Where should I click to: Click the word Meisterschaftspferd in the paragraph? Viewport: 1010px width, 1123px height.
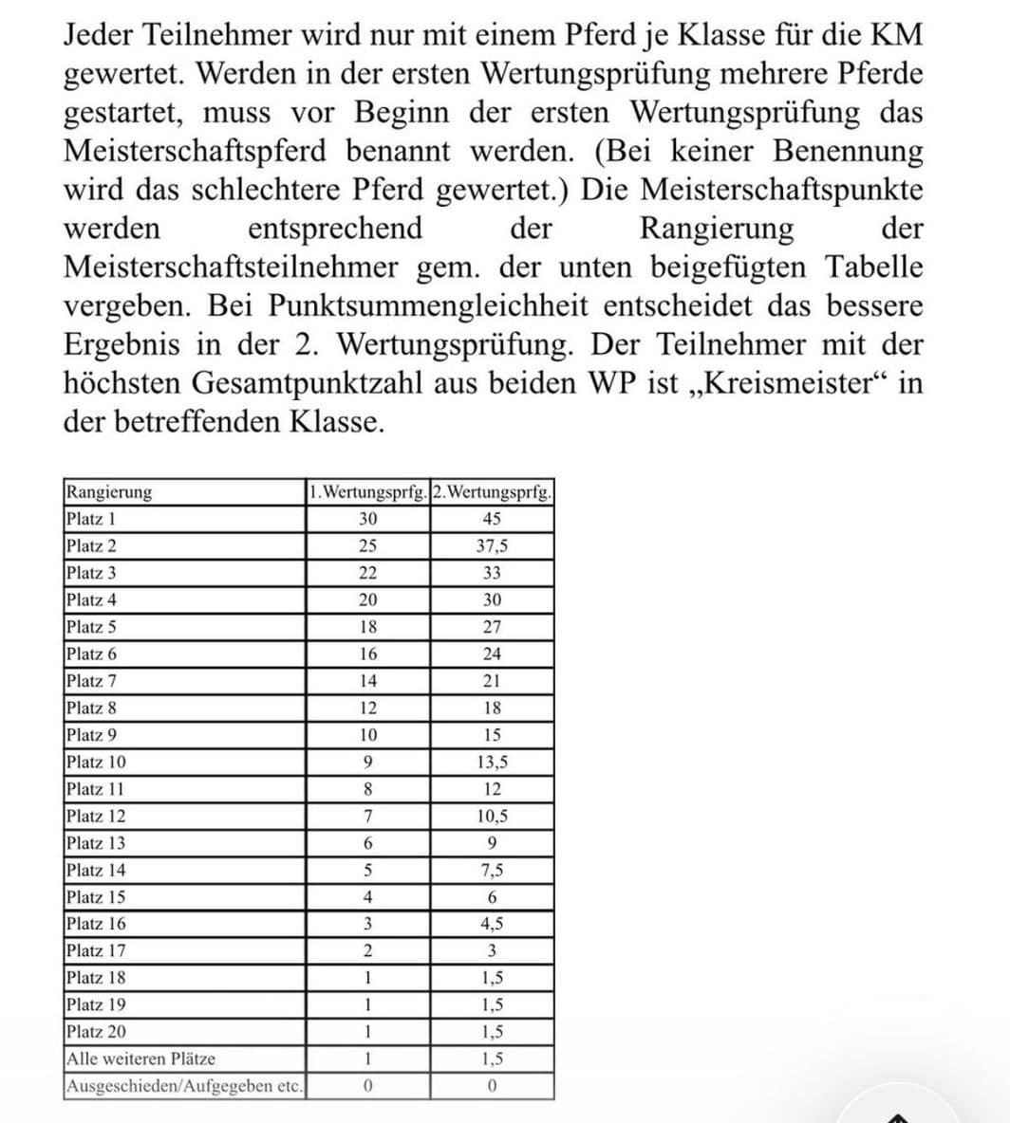click(195, 151)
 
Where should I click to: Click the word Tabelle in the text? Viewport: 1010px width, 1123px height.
click(873, 267)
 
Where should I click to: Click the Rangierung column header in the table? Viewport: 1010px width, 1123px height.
click(108, 492)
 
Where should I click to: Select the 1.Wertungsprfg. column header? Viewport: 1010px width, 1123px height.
click(368, 492)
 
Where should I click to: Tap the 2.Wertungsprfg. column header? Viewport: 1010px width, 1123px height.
click(492, 492)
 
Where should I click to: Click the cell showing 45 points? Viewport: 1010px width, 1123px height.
click(492, 519)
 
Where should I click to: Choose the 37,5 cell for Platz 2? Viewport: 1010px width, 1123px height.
click(492, 546)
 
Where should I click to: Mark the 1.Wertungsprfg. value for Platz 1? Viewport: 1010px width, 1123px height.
click(368, 519)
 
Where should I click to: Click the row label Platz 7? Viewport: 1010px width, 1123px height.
click(91, 681)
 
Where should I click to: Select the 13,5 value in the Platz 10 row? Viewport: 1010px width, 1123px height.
click(492, 762)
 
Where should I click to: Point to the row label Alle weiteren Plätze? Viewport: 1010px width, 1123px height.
click(140, 1059)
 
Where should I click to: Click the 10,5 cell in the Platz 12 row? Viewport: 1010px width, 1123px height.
click(492, 816)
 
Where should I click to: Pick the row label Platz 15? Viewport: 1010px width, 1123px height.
click(95, 897)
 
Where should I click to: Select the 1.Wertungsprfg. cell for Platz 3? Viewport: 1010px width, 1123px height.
click(368, 573)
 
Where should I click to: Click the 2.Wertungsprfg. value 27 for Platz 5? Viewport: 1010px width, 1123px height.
click(492, 627)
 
